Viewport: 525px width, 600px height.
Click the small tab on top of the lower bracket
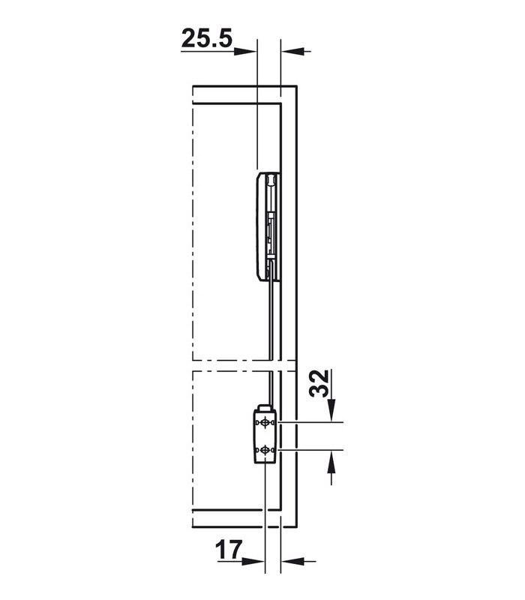coord(262,407)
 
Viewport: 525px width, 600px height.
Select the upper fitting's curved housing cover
coord(259,225)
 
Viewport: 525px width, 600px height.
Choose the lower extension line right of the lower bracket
coord(315,450)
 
